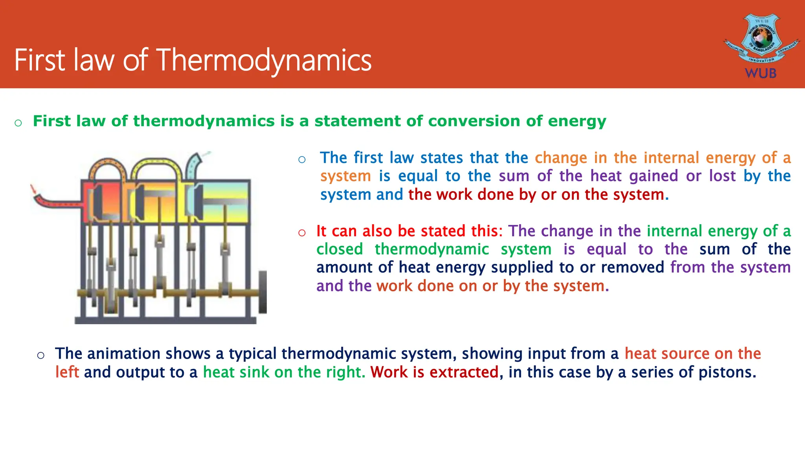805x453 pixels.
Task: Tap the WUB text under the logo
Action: point(761,73)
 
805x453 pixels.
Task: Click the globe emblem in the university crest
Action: point(762,39)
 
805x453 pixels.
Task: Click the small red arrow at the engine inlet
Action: point(34,190)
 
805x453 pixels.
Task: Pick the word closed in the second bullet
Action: point(340,249)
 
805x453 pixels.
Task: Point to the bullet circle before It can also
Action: point(302,232)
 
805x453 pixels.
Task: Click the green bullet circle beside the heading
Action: point(18,123)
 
